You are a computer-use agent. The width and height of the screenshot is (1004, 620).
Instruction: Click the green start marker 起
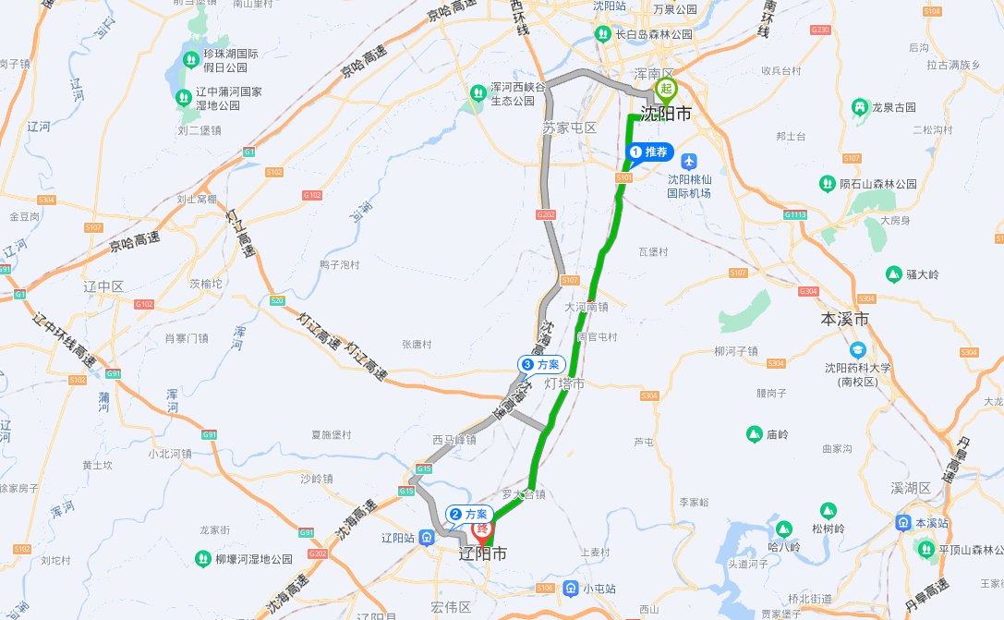click(666, 90)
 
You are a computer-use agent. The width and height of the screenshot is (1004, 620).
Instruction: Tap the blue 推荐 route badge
click(651, 152)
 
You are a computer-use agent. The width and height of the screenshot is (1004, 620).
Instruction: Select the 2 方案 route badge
click(470, 514)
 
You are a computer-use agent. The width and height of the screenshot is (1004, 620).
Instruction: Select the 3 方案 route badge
click(542, 365)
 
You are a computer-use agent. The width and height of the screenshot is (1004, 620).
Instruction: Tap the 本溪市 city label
click(845, 320)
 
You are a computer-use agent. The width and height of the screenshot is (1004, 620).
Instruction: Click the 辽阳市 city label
click(483, 554)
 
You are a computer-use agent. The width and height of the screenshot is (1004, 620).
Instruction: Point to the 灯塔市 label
click(564, 383)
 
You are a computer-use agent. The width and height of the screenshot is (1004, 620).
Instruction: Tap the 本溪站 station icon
click(901, 523)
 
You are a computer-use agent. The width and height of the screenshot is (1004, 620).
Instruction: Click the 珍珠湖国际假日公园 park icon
click(189, 60)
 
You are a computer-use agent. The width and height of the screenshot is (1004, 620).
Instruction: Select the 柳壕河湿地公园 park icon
click(202, 559)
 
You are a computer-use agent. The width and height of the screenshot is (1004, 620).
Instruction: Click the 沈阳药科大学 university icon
click(858, 350)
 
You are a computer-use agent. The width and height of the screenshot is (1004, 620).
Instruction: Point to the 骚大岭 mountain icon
click(893, 274)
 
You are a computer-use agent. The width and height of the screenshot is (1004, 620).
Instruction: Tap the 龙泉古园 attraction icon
click(860, 107)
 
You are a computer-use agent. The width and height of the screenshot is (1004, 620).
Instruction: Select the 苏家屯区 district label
click(570, 128)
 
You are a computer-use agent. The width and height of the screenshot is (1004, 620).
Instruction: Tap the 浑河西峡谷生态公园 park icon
click(478, 92)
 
